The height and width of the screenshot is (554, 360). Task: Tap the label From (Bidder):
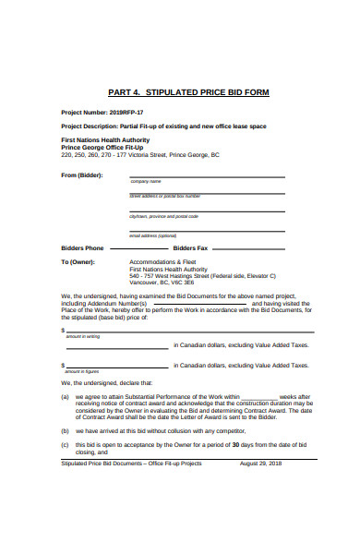pyautogui.click(x=81, y=175)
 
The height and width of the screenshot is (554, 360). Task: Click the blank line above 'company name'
pyautogui.click(x=189, y=175)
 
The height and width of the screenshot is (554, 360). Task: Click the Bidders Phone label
pyautogui.click(x=82, y=248)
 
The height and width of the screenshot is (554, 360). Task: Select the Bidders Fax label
pyautogui.click(x=190, y=248)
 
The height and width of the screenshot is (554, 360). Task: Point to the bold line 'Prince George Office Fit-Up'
pyautogui.click(x=102, y=147)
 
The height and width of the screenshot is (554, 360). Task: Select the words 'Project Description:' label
pyautogui.click(x=89, y=125)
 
